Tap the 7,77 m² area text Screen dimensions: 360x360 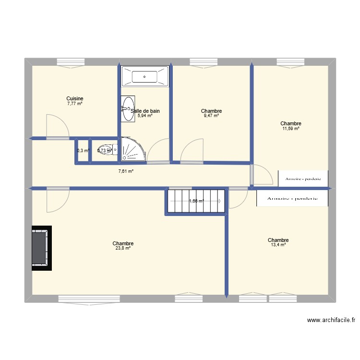[75, 103]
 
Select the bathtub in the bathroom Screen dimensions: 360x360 [145, 76]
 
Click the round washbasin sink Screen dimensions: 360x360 [128, 109]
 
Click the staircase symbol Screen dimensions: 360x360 [195, 202]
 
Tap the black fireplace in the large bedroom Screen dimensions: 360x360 [40, 248]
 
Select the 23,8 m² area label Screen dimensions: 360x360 [123, 248]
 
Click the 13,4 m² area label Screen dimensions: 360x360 [278, 245]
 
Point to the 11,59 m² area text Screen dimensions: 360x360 [291, 128]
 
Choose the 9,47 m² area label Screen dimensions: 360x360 [211, 116]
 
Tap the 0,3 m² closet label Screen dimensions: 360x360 [83, 150]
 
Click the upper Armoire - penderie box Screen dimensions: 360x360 [303, 179]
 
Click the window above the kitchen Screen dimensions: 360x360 [71, 61]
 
